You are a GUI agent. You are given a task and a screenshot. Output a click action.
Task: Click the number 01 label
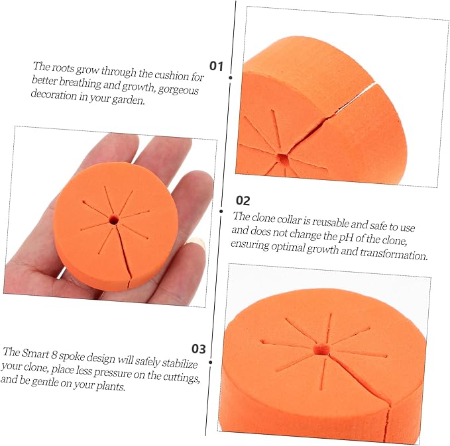click(x=216, y=66)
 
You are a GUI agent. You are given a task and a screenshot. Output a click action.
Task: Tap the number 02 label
click(x=243, y=201)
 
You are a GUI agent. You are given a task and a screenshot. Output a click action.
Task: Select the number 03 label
click(x=199, y=349)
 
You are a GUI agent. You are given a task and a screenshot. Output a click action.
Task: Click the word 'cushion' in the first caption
click(x=172, y=75)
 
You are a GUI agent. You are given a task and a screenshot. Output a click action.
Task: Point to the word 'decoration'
click(x=54, y=94)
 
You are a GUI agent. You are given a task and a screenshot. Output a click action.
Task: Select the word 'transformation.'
click(x=394, y=253)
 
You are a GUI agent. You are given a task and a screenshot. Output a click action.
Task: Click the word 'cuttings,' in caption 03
click(x=181, y=377)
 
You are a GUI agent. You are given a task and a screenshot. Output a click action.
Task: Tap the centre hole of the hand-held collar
click(x=114, y=220)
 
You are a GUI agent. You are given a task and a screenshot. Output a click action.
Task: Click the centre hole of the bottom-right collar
click(x=321, y=349)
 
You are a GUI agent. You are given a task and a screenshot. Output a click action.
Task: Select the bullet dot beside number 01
click(x=231, y=77)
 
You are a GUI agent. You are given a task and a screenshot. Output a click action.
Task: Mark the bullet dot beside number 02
click(x=221, y=212)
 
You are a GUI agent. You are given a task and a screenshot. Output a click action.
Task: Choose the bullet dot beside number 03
click(x=211, y=363)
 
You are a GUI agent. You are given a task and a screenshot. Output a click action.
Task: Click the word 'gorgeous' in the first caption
click(x=178, y=90)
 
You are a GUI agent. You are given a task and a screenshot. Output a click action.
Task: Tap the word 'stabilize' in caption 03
click(x=180, y=363)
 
